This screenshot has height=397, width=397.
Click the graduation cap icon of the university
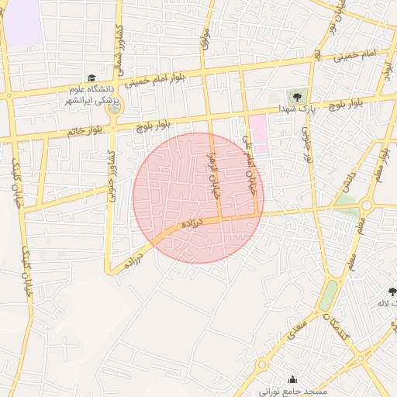(x=91, y=78)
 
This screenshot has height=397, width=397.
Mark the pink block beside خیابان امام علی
(x=258, y=133)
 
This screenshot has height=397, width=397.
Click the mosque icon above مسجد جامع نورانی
(x=292, y=379)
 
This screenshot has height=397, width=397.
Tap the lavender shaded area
(x=21, y=21)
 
